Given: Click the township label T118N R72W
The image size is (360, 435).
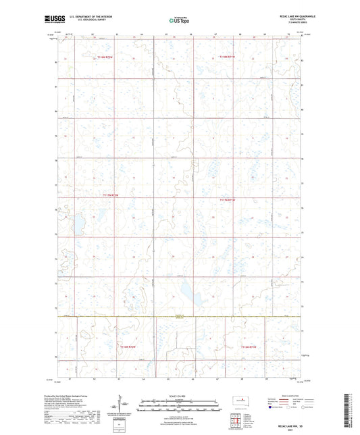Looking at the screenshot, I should pos(105,58).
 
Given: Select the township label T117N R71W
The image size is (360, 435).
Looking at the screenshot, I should pos(230,201).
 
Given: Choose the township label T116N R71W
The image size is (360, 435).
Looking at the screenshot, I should pos(249,347).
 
